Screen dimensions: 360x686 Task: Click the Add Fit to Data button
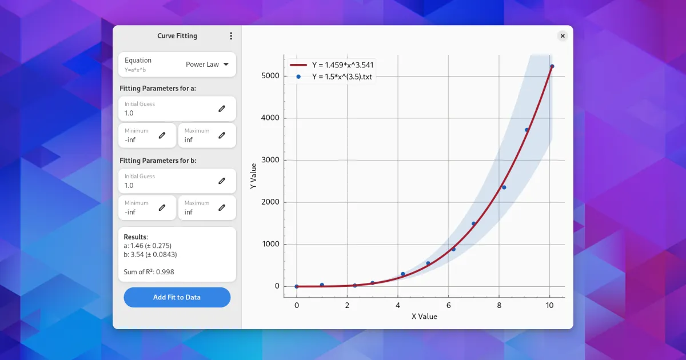pyautogui.click(x=177, y=297)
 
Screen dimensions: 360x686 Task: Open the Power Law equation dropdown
pyautogui.click(x=207, y=65)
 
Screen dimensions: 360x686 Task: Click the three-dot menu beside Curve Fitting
pyautogui.click(x=231, y=36)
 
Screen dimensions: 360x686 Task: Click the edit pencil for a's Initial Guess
pyautogui.click(x=222, y=109)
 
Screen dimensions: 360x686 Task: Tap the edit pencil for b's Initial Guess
pyautogui.click(x=222, y=181)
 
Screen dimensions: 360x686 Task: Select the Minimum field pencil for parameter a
pyautogui.click(x=162, y=135)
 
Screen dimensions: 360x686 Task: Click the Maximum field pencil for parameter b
pyautogui.click(x=222, y=207)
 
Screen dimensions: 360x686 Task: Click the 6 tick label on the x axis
pyautogui.click(x=448, y=306)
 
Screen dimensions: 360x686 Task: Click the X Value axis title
pyautogui.click(x=424, y=316)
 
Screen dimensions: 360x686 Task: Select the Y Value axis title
pyautogui.click(x=253, y=177)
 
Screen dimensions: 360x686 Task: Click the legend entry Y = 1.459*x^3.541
pyautogui.click(x=342, y=65)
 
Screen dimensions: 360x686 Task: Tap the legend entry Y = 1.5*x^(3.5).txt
pyautogui.click(x=342, y=76)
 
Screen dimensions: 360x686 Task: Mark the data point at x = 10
pyautogui.click(x=552, y=66)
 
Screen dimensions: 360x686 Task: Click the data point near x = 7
pyautogui.click(x=473, y=223)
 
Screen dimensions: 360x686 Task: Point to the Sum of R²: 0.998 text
pyautogui.click(x=149, y=272)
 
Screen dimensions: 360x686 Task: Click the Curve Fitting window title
pyautogui.click(x=177, y=36)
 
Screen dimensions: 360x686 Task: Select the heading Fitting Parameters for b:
pyautogui.click(x=158, y=161)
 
